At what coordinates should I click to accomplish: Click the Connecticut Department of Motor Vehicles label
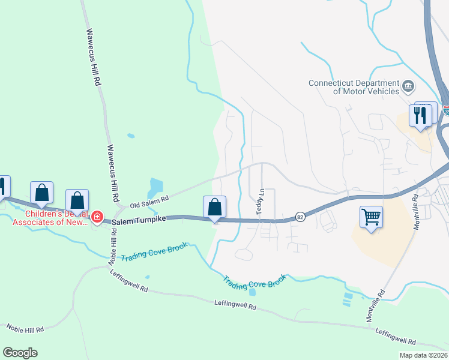[354, 87]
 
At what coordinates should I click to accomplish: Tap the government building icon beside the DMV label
[408, 85]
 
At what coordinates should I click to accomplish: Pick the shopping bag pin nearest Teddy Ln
[214, 208]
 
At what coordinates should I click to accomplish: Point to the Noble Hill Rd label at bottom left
[25, 329]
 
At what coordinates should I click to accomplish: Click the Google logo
[20, 353]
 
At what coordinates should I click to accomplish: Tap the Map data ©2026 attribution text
[423, 355]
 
